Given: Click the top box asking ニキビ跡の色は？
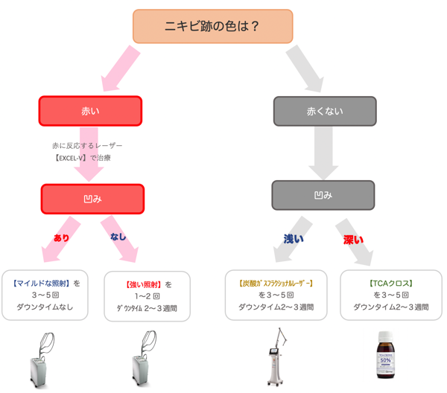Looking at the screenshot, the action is [212, 26].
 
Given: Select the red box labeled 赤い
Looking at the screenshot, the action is [90, 111].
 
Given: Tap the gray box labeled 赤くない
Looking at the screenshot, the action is [325, 111].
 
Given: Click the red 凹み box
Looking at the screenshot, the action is [92, 199].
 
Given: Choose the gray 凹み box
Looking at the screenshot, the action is [323, 195].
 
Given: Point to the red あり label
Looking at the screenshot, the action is [61, 237].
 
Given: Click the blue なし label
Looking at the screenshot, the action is [118, 237].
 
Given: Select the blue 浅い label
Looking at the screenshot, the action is [294, 239].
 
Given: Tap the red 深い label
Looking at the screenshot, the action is [353, 240].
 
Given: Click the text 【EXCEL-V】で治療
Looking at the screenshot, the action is [83, 158].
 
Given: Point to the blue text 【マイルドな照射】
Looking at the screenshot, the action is [41, 284].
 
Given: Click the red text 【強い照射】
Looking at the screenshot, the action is [144, 284].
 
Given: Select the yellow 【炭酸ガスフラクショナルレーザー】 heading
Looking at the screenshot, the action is [276, 284].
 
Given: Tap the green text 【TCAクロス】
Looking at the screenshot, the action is [391, 284].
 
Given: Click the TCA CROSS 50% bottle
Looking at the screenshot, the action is [385, 355].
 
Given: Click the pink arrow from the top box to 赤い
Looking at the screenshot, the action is [121, 68].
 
